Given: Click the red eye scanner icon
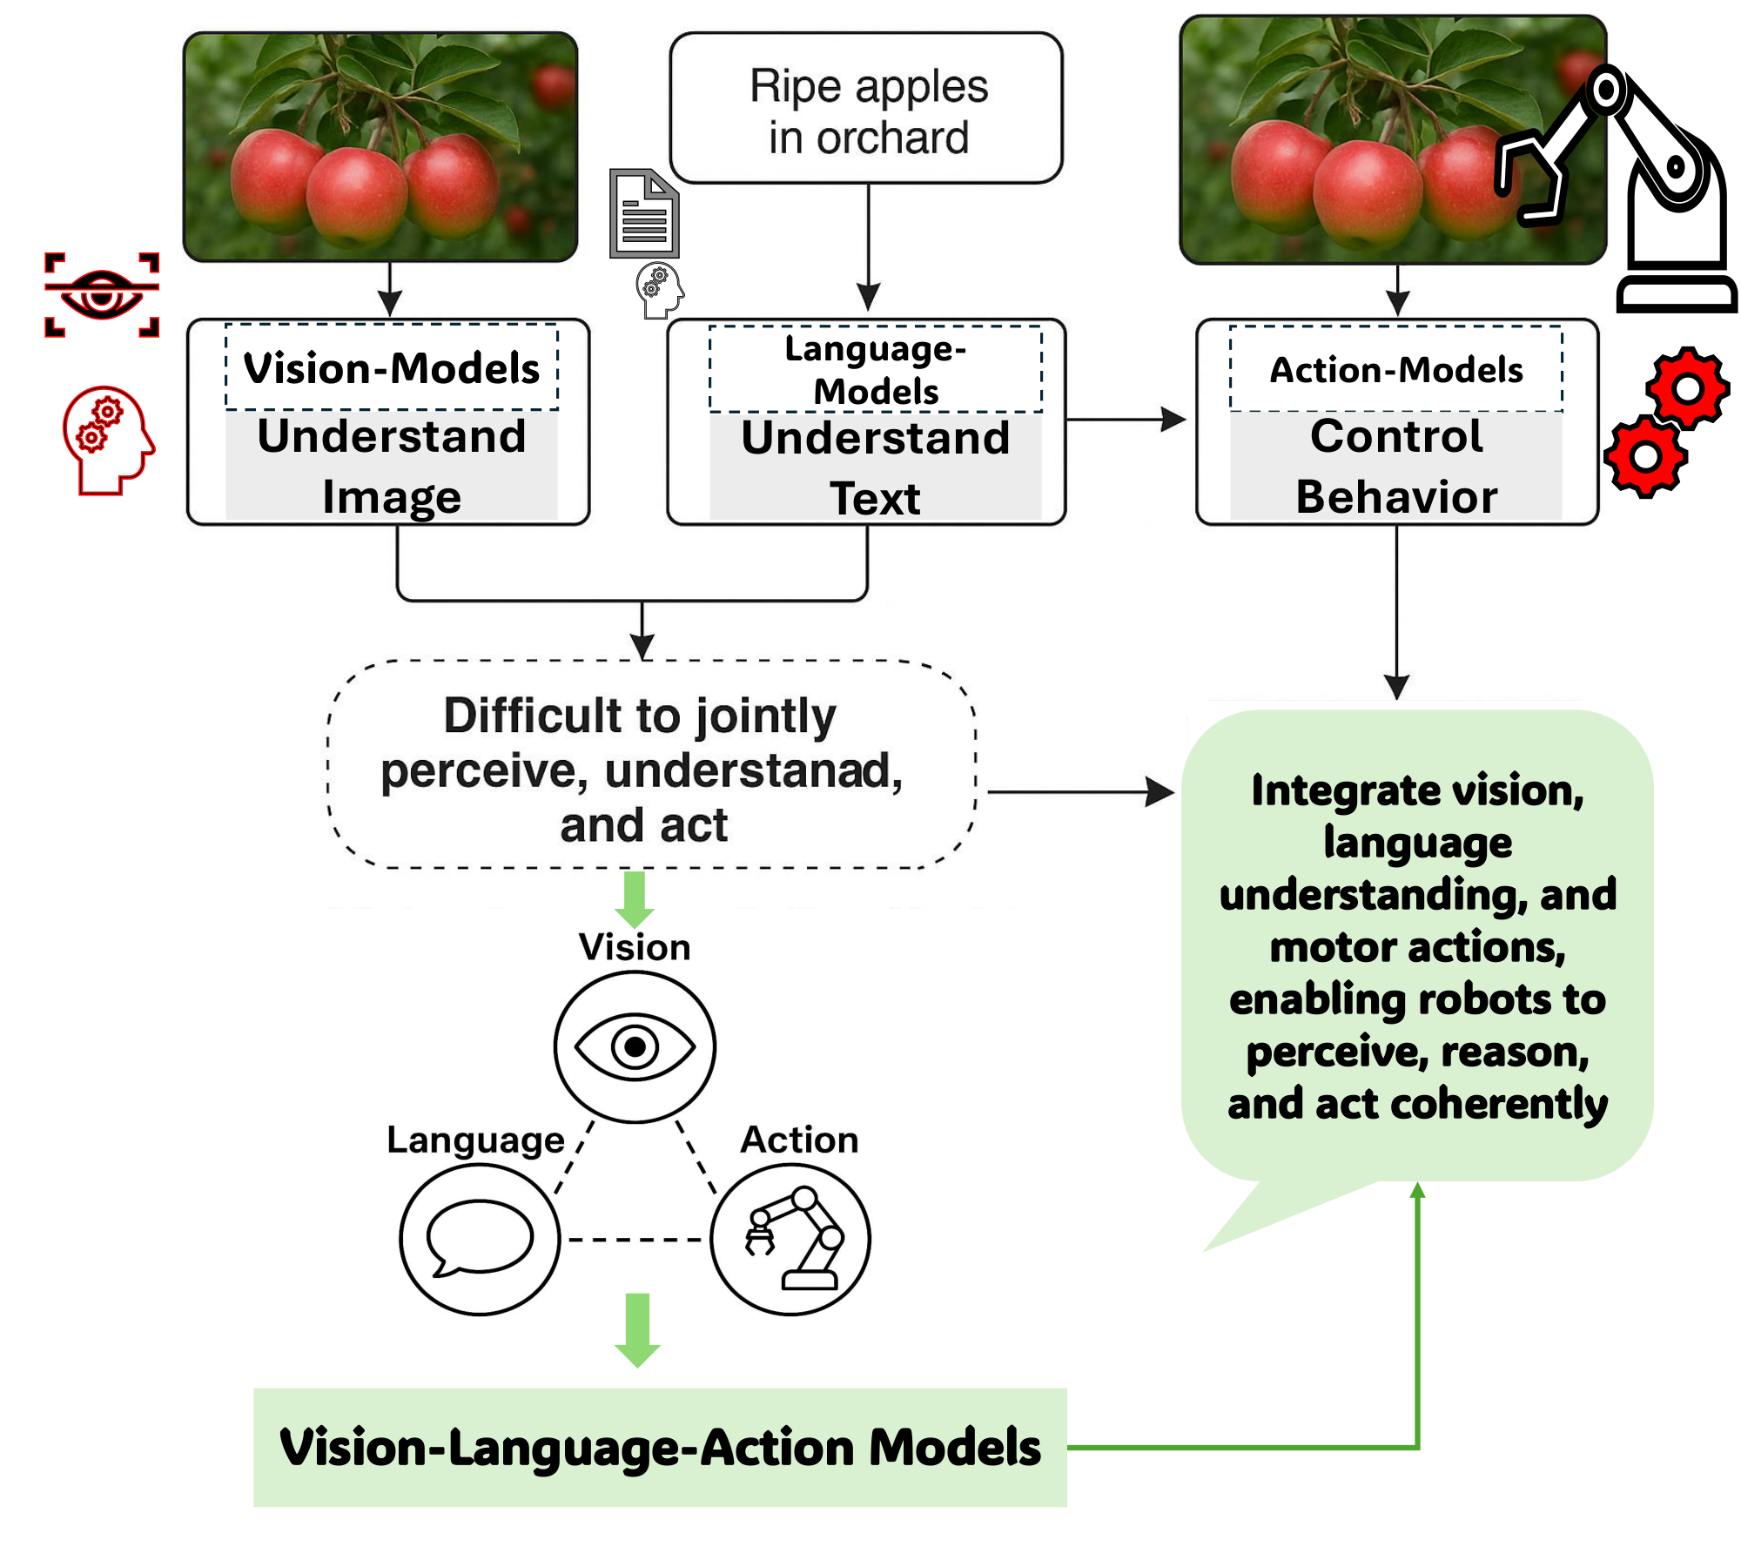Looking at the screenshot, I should pyautogui.click(x=102, y=294).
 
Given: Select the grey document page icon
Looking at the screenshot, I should pyautogui.click(x=644, y=214).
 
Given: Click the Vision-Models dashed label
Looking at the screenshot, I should pyautogui.click(x=392, y=367).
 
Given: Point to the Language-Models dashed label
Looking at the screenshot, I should pyautogui.click(x=875, y=369).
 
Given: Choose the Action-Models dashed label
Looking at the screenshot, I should pyautogui.click(x=1395, y=369).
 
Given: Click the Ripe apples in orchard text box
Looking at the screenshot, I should pyautogui.click(x=867, y=110).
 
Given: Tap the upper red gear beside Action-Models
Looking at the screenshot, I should pyautogui.click(x=1687, y=387).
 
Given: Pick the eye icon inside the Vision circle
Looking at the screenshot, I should pyautogui.click(x=635, y=1046).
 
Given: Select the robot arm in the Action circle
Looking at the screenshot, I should pyautogui.click(x=793, y=1240).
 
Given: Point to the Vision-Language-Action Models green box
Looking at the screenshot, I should pyautogui.click(x=660, y=1447).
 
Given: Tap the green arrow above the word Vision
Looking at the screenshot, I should pyautogui.click(x=635, y=898).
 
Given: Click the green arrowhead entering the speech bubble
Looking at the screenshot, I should pyautogui.click(x=1417, y=1191).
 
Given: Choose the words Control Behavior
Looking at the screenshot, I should pyautogui.click(x=1395, y=466).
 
